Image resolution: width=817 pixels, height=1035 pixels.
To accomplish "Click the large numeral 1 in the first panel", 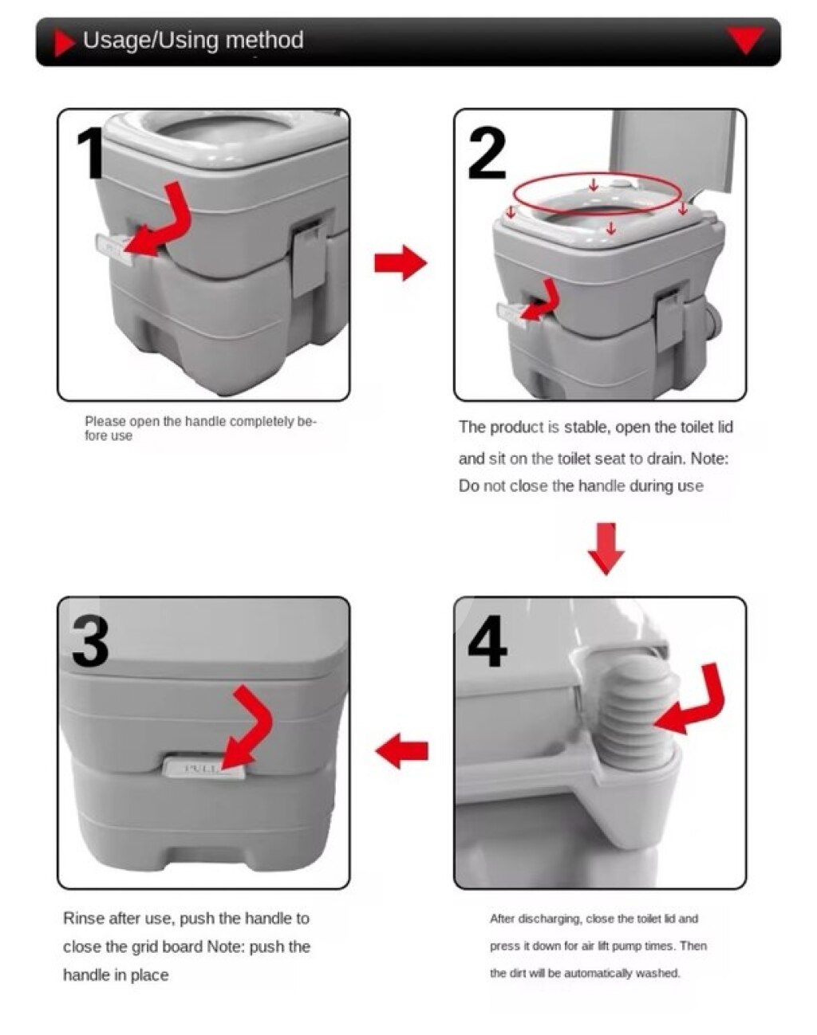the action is (92, 153).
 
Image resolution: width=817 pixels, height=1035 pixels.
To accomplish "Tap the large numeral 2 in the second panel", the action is (487, 153).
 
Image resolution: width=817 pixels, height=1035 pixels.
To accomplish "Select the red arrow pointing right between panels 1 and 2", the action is (401, 262).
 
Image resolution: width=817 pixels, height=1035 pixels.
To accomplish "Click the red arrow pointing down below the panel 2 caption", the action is (606, 549).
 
